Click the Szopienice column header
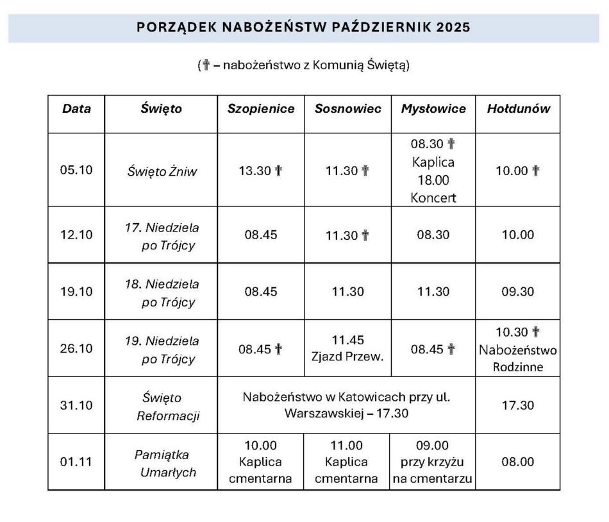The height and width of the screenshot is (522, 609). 261,109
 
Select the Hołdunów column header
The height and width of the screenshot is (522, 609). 519,109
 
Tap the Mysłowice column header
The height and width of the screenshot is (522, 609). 433,109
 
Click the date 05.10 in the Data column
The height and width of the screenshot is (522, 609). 76,171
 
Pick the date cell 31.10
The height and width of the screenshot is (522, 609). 76,405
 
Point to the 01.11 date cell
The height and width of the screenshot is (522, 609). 76,462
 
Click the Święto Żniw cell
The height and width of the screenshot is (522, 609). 162,171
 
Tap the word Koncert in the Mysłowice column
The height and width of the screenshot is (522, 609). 433,198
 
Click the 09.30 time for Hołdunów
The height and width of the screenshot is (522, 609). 518,292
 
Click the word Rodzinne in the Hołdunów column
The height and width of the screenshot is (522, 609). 518,367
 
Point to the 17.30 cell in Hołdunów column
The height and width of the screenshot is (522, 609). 518,405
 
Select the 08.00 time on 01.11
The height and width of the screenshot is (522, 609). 518,462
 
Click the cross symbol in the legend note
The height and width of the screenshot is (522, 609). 206,65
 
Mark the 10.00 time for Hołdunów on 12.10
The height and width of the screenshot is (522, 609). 518,235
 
